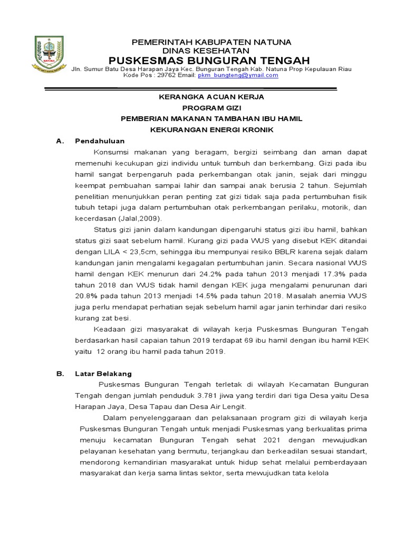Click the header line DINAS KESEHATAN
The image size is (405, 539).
click(x=211, y=49)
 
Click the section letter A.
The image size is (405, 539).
click(x=60, y=141)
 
